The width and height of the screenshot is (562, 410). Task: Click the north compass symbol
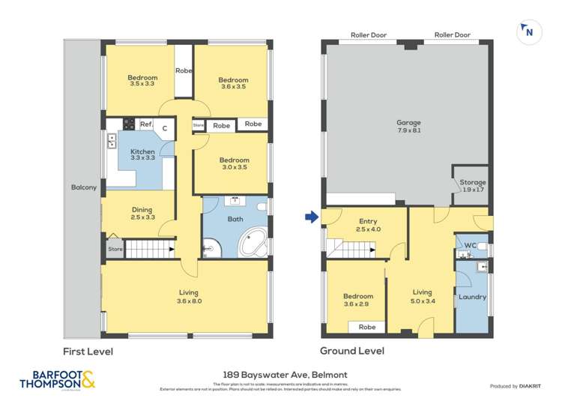[x=528, y=31]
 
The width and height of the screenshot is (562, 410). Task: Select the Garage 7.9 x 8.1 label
[x=408, y=127]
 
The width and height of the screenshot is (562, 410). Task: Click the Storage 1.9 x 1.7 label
[x=473, y=186]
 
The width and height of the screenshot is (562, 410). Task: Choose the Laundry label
[x=472, y=297]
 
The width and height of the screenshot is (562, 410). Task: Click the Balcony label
[x=83, y=187]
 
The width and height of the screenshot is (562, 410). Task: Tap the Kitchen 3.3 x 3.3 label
[x=142, y=155]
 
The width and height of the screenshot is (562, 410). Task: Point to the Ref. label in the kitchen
[x=146, y=124]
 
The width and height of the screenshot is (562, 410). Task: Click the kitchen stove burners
[x=128, y=124]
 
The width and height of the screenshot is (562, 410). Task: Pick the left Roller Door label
[x=368, y=35]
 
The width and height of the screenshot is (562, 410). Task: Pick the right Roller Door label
[x=452, y=35]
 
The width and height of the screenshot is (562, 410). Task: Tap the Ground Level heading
[x=352, y=351]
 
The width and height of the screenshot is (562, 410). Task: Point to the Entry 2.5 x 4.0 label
[x=368, y=225]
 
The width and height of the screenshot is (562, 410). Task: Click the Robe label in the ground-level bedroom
[x=367, y=327]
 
